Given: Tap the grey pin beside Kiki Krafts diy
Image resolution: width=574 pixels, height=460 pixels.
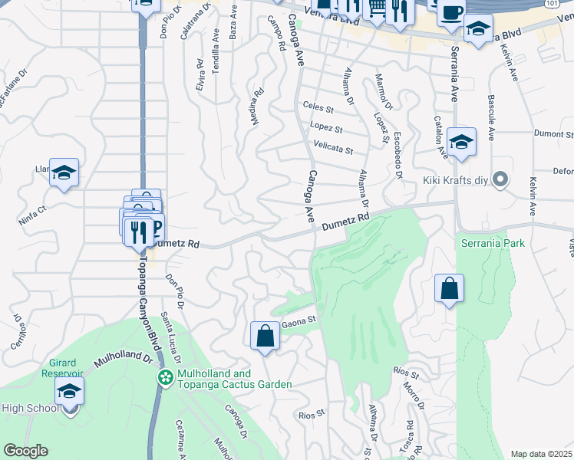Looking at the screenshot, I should pos(501,180).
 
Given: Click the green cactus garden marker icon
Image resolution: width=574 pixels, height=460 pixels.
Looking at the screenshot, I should pos(165,378).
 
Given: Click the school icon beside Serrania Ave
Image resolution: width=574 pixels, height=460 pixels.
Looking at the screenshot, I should pos(462,142).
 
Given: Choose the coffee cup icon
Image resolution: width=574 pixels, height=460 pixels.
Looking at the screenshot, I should pos(452,11).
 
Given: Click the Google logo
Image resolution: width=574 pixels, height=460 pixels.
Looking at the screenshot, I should pos(26,451).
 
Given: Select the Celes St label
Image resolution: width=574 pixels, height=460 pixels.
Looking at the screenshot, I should pos(318,107).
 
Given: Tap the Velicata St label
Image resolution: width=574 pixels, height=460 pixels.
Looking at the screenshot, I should pos(333,149).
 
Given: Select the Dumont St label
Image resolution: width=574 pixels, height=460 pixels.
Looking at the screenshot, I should pos(549,133).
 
